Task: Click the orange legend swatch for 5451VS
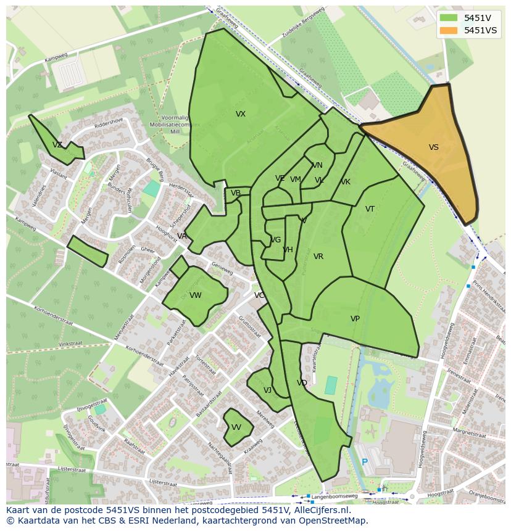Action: tap(449, 30)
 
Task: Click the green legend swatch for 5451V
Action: tap(449, 18)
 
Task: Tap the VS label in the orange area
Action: tap(434, 147)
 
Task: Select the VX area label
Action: tap(241, 114)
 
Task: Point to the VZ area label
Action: tap(57, 145)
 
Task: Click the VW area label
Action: tap(196, 295)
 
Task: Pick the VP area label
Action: tap(355, 319)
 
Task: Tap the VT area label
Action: tap(370, 209)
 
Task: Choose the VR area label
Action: tap(318, 257)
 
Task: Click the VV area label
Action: tap(236, 427)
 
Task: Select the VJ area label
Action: tap(267, 390)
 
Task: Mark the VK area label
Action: tap(346, 182)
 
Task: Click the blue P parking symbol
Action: tap(365, 462)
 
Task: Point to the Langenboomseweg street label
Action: tap(334, 496)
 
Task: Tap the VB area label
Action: tap(236, 193)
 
